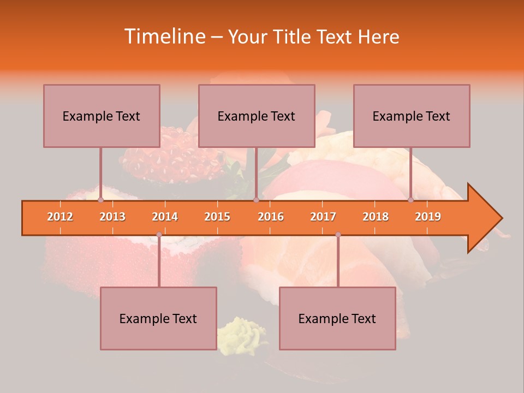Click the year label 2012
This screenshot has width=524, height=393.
coord(60,217)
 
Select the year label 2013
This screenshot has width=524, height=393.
coord(112,217)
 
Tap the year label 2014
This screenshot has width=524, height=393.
coord(165,217)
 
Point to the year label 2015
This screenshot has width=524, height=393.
coord(217,217)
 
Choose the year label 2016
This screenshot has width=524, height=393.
coord(271,217)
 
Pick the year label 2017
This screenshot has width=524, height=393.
coord(323,217)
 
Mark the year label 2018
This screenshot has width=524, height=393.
coord(376,217)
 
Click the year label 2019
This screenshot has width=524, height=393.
coord(428,217)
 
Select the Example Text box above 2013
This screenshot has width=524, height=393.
coord(102,116)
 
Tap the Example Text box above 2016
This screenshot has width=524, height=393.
coord(257,116)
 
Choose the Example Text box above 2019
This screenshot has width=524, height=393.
coord(412,116)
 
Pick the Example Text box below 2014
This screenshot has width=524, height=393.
coord(158,318)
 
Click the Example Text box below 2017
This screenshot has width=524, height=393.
coord(337,318)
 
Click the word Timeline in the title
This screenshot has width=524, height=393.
coord(164,37)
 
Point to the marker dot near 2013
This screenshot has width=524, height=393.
coord(100,200)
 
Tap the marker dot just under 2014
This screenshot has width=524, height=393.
coord(159,235)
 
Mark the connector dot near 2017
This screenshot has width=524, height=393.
coord(338,235)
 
